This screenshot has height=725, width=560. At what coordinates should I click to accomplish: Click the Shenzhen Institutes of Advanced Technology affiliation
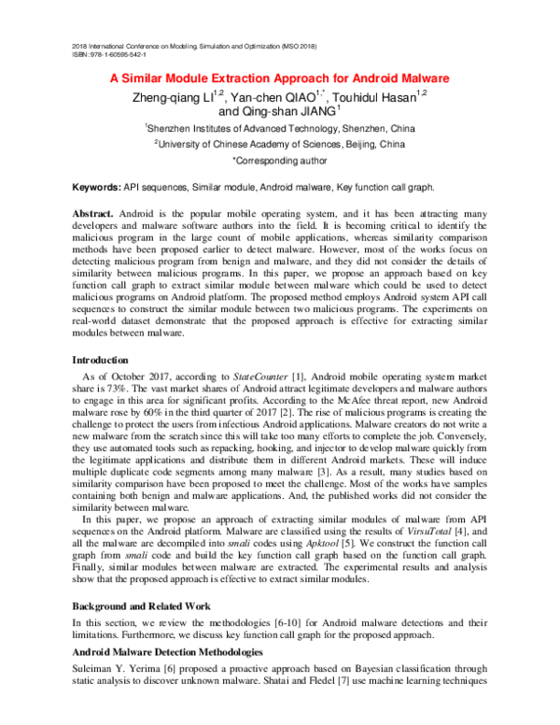click(x=280, y=128)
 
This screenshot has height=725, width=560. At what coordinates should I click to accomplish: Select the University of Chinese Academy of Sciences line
click(x=280, y=145)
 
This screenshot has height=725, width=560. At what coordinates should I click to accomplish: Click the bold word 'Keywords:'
click(x=96, y=188)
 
